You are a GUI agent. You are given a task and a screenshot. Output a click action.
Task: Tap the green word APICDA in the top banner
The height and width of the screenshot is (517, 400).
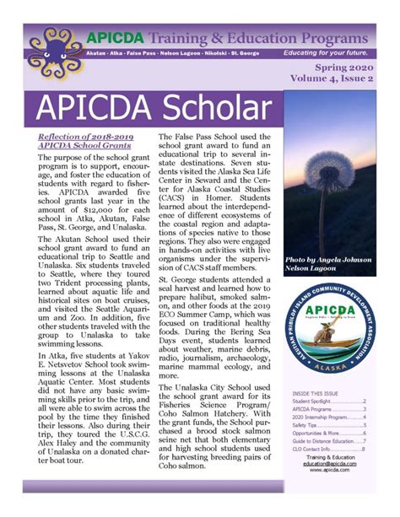pos(115,37)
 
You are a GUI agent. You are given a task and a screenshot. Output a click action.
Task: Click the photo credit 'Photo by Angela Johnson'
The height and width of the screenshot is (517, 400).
pos(332,260)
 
